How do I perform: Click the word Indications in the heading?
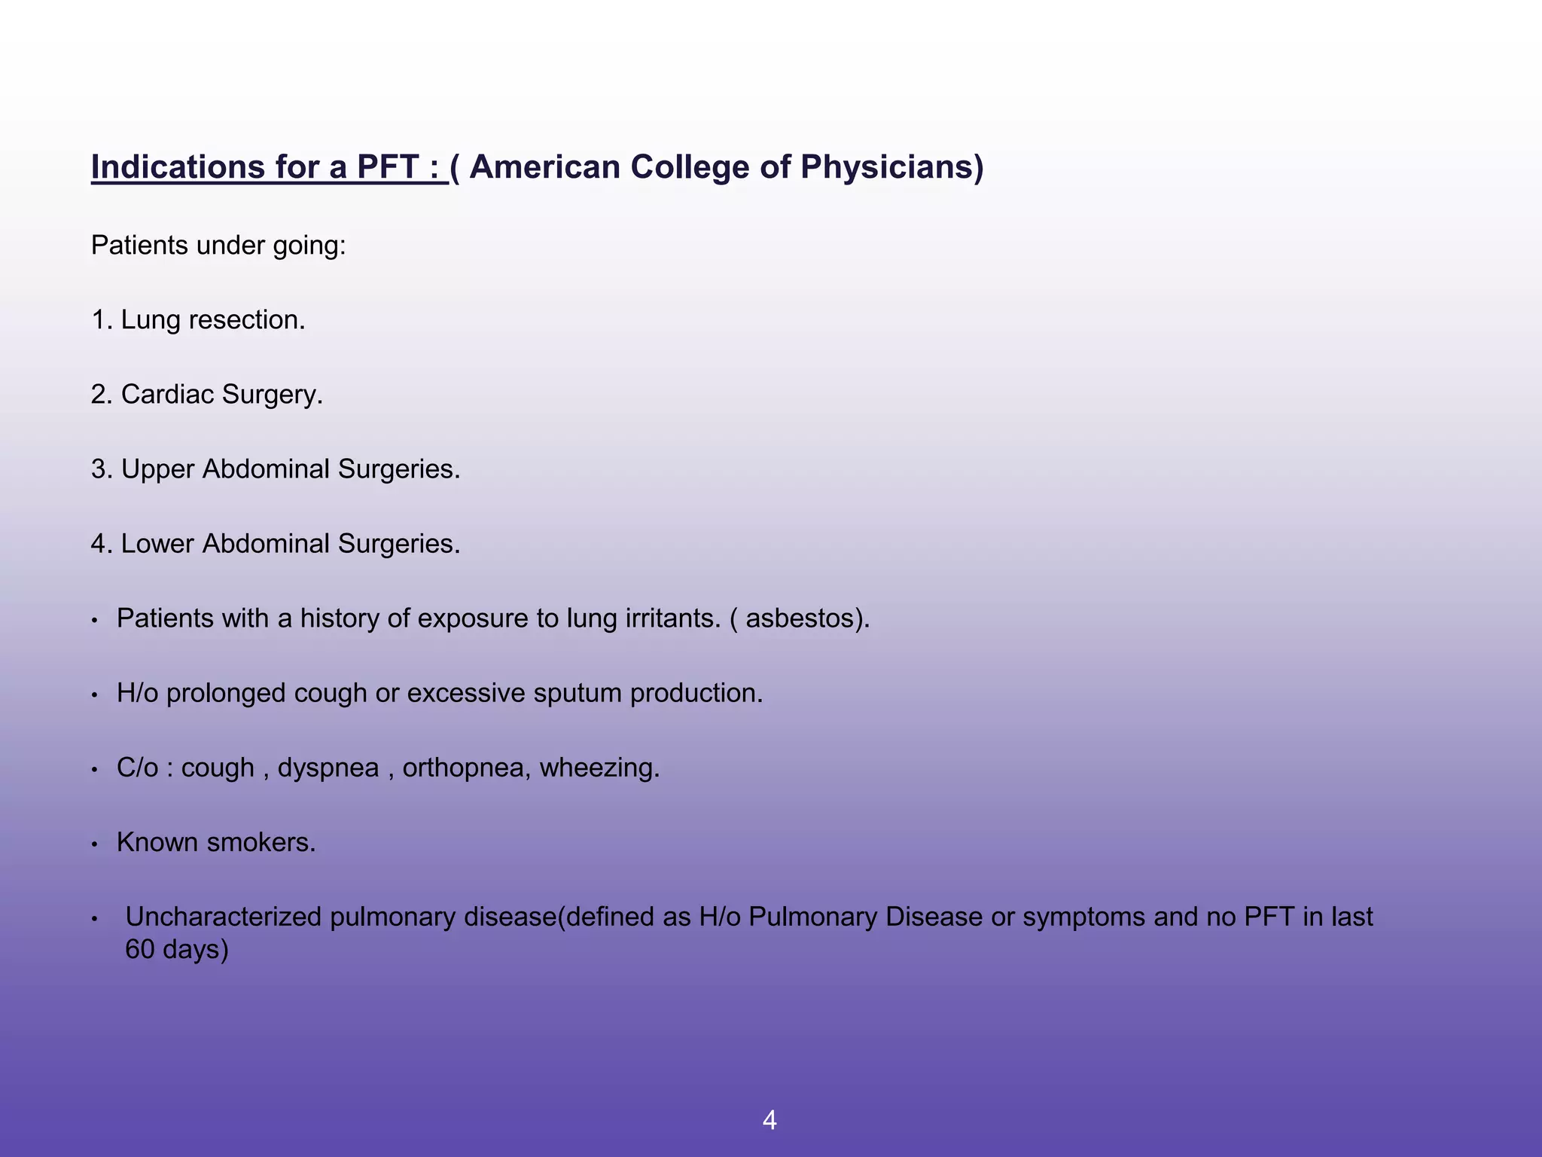point(178,167)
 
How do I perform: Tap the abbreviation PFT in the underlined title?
point(387,167)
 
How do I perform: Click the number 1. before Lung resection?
point(102,320)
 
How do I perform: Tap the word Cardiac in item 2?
point(167,395)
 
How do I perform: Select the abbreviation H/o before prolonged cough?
point(137,693)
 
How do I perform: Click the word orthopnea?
point(466,768)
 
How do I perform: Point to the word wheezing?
point(599,768)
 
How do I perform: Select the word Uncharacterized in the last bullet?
point(223,917)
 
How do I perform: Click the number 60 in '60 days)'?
point(139,949)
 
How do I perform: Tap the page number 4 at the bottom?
point(769,1120)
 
